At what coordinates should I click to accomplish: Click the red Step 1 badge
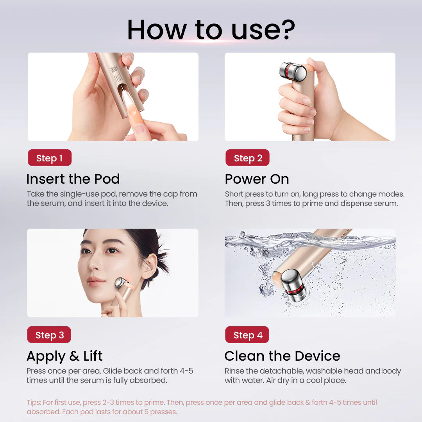click(x=50, y=158)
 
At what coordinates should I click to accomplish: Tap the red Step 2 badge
click(x=247, y=158)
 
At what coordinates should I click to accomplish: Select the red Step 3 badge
click(x=49, y=334)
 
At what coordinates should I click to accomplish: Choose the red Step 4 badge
click(x=247, y=334)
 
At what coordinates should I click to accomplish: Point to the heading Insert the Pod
click(x=73, y=179)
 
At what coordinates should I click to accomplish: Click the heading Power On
click(x=257, y=179)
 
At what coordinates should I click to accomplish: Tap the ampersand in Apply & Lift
click(x=74, y=356)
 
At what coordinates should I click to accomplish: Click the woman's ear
click(x=149, y=266)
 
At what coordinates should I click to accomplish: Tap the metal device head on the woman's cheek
click(x=122, y=283)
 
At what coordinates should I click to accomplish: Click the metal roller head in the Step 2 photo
click(x=293, y=72)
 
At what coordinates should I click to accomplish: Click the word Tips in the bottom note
click(x=34, y=402)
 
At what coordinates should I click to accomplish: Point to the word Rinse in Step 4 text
click(x=234, y=371)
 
